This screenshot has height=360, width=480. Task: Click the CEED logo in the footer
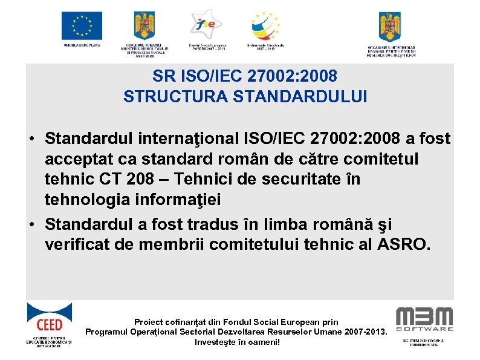click(x=49, y=320)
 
